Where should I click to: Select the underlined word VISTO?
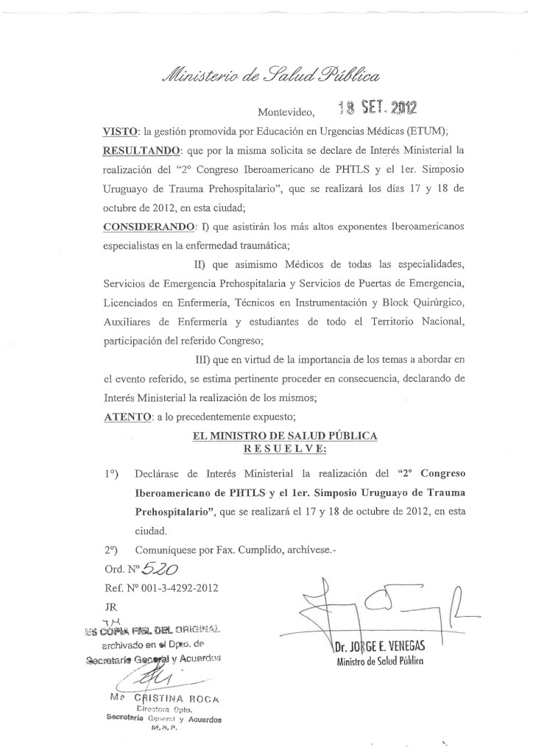click(x=121, y=131)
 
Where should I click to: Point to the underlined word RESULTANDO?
click(x=144, y=150)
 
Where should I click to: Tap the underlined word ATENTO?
click(x=126, y=417)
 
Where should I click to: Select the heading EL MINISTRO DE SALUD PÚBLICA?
click(x=285, y=436)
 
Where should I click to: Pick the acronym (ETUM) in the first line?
click(x=439, y=131)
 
